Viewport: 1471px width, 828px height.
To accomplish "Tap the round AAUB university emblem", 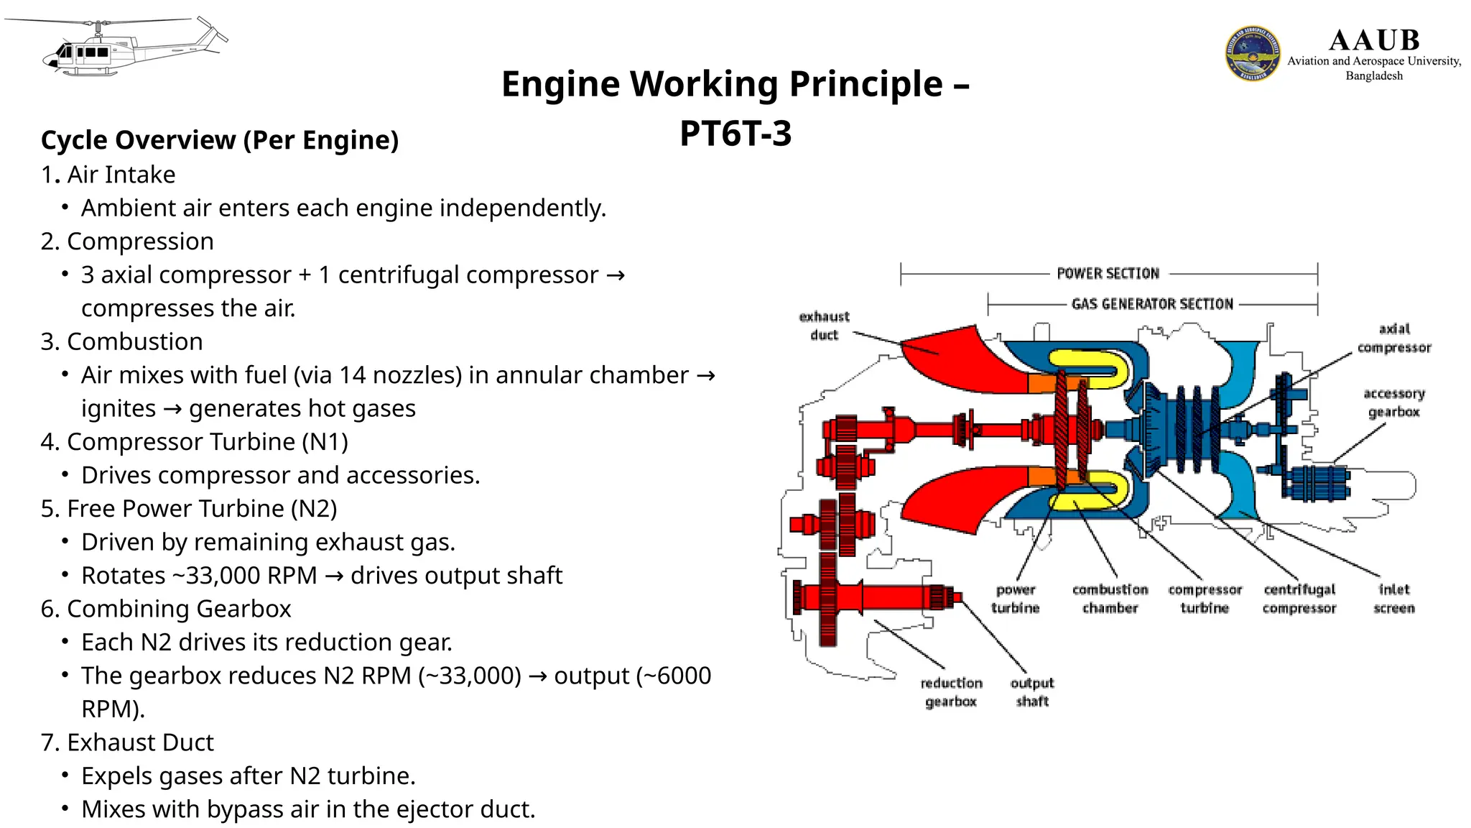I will click(1252, 54).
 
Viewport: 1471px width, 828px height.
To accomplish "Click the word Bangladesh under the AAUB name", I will click(1373, 76).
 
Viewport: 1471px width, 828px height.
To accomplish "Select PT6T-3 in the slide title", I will click(735, 134).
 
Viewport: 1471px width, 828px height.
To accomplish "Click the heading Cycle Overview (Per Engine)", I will click(220, 140).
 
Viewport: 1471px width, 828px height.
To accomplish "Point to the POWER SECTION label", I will click(1108, 274).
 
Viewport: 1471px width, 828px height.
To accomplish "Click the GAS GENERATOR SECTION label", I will click(1152, 304).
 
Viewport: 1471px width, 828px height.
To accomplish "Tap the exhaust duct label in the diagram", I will click(824, 326).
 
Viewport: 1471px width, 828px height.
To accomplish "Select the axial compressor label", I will click(1393, 338).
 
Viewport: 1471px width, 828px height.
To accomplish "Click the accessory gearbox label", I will click(1393, 402).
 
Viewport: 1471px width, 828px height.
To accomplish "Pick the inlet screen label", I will click(1393, 599).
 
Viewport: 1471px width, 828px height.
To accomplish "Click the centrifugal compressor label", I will click(1299, 599).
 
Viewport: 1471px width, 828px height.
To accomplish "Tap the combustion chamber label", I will click(1110, 599).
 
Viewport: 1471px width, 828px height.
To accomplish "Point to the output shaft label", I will click(1031, 691).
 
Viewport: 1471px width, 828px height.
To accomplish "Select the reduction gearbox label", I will click(951, 691).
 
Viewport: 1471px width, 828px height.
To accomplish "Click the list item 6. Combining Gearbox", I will click(166, 609).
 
